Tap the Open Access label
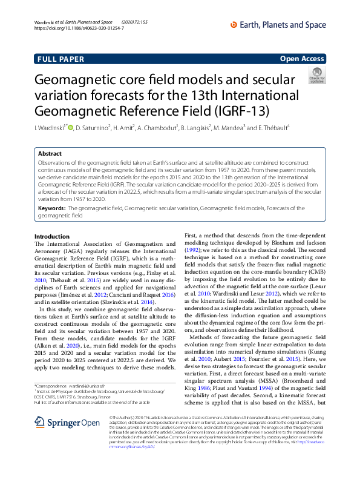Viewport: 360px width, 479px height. click(x=301, y=59)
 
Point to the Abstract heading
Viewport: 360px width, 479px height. click(x=50, y=154)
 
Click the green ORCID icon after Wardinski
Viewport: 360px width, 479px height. click(x=70, y=127)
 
